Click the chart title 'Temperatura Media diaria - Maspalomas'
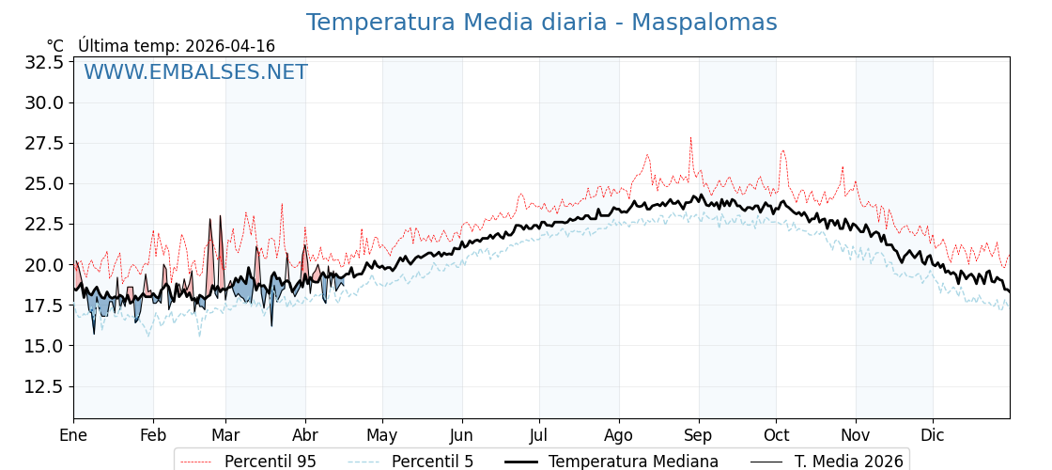pyautogui.click(x=541, y=23)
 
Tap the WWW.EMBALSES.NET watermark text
pyautogui.click(x=195, y=72)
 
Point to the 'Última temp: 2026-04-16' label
pyautogui.click(x=177, y=46)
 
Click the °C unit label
pyautogui.click(x=55, y=46)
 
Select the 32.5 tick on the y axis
pyautogui.click(x=43, y=62)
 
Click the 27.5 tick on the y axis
pyautogui.click(x=43, y=143)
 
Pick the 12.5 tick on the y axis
pyautogui.click(x=43, y=386)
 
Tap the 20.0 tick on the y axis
pyautogui.click(x=43, y=265)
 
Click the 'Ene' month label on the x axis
pyautogui.click(x=73, y=435)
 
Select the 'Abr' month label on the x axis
pyautogui.click(x=305, y=435)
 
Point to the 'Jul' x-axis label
pyautogui.click(x=539, y=435)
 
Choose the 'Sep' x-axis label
pyautogui.click(x=698, y=435)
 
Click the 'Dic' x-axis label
pyautogui.click(x=933, y=435)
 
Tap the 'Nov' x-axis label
pyautogui.click(x=856, y=435)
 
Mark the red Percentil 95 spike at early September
pyautogui.click(x=690, y=138)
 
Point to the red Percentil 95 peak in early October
pyautogui.click(x=782, y=150)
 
